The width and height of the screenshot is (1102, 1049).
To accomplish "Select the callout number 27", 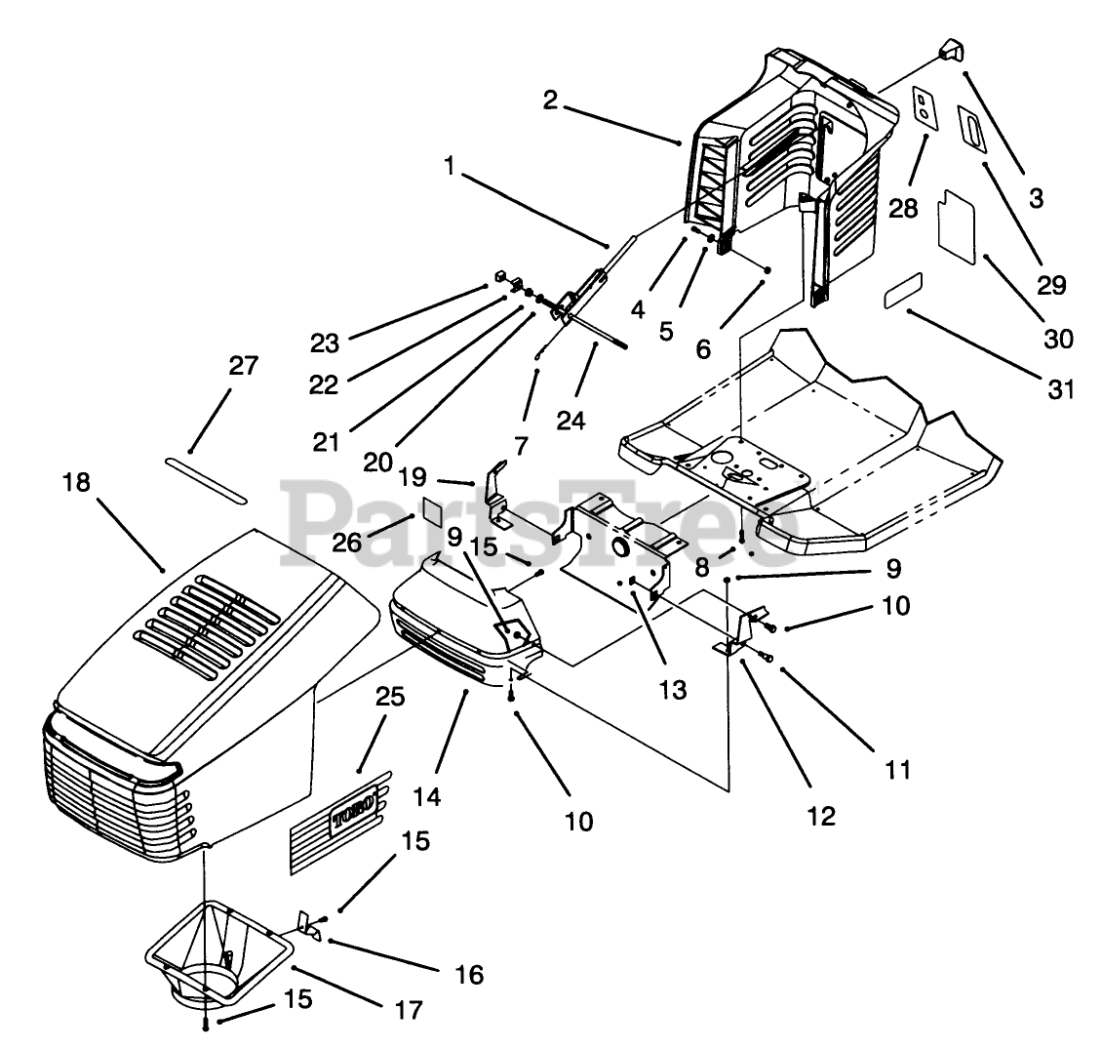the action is click(x=243, y=366).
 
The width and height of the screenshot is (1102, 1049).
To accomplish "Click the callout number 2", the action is click(x=550, y=100).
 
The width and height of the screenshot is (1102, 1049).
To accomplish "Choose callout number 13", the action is click(x=673, y=690).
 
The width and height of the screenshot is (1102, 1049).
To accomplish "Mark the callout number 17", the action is click(x=409, y=1010).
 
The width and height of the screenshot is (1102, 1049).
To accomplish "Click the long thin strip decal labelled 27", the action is click(x=206, y=479).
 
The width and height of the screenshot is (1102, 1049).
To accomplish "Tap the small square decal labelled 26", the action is click(x=433, y=510).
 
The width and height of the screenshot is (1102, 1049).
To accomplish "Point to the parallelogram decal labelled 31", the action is click(x=903, y=291).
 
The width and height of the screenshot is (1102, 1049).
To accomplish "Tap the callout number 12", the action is click(x=821, y=816).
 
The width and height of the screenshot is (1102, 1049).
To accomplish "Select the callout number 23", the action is click(x=325, y=343).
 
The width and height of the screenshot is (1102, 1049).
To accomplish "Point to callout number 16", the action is click(x=469, y=975).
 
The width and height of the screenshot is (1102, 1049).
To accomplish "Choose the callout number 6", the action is click(x=703, y=348).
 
